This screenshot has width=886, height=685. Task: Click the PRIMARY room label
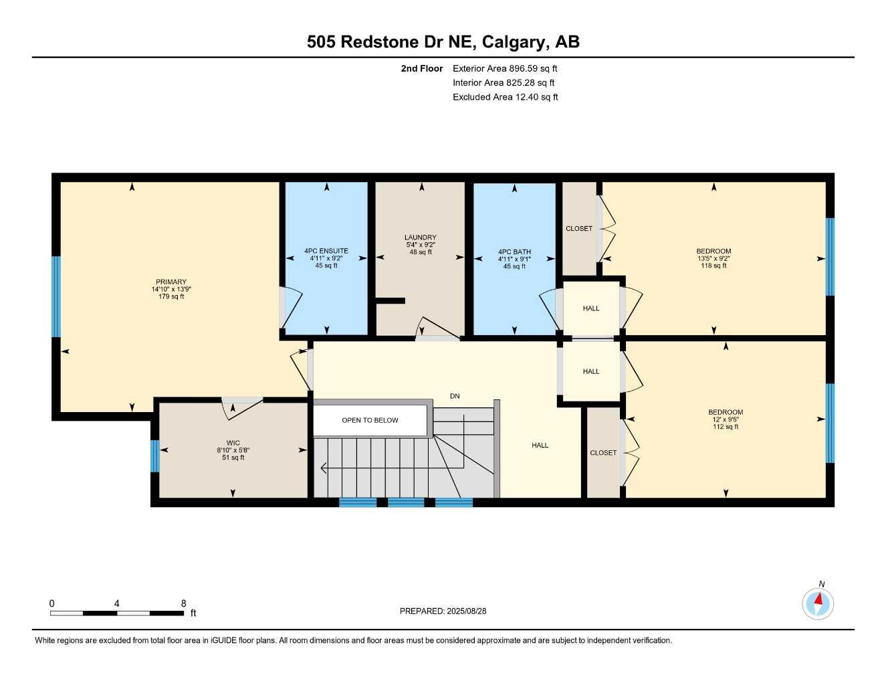(x=171, y=282)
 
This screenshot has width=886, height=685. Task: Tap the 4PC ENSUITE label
(x=326, y=251)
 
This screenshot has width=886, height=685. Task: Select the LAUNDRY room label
(x=420, y=237)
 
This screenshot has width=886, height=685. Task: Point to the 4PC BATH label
(x=514, y=252)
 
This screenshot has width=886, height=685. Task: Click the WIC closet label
(x=233, y=443)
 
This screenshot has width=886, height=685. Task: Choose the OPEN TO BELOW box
(x=370, y=420)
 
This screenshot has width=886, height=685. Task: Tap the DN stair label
(x=455, y=396)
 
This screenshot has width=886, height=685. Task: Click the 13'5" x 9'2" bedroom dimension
(x=713, y=258)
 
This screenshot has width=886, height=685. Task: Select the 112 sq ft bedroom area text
(x=726, y=427)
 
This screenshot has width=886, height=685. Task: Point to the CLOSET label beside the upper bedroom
(x=579, y=229)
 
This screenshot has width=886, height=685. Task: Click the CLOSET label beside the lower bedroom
(x=603, y=453)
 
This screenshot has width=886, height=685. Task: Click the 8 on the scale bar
(x=184, y=603)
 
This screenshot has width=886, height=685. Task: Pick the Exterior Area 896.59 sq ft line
(x=505, y=68)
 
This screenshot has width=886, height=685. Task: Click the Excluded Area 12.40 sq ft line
(x=505, y=97)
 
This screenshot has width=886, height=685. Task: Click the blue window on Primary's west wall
(x=56, y=296)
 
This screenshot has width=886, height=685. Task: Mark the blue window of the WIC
(x=154, y=456)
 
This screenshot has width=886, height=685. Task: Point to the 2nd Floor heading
(x=422, y=68)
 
